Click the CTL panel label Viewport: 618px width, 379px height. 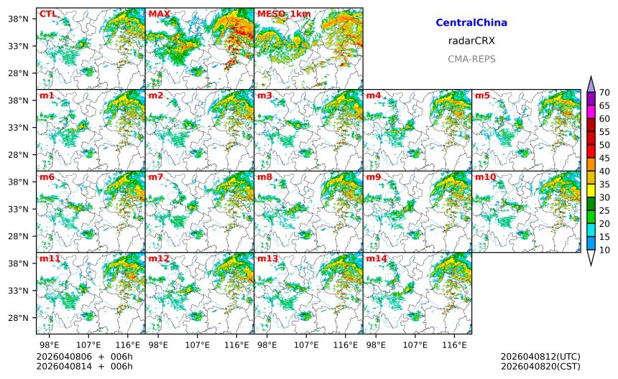(x=47, y=14)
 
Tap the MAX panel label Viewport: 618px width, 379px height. (x=158, y=14)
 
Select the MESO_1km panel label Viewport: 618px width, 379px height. (x=284, y=14)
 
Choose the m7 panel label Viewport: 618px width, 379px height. (x=156, y=177)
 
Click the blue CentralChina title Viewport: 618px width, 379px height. (x=471, y=23)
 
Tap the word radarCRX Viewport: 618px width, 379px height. (x=471, y=41)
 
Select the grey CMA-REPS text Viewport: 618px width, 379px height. (x=471, y=59)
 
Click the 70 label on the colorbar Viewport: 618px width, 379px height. (x=604, y=93)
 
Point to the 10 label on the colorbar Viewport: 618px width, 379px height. (x=604, y=250)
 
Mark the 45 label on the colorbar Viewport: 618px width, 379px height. (x=604, y=158)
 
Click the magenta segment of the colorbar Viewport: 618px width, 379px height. (x=591, y=112)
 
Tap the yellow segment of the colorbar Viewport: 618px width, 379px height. (x=591, y=190)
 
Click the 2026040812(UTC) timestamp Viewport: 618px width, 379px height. (x=540, y=357)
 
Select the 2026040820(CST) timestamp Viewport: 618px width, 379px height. (x=540, y=367)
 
